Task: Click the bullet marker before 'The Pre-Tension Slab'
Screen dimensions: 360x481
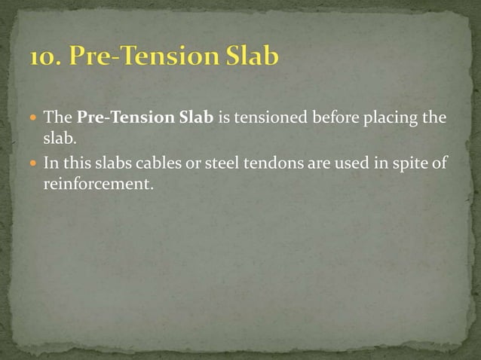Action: pyautogui.click(x=32, y=119)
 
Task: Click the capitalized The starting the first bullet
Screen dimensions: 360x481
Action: pyautogui.click(x=57, y=118)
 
